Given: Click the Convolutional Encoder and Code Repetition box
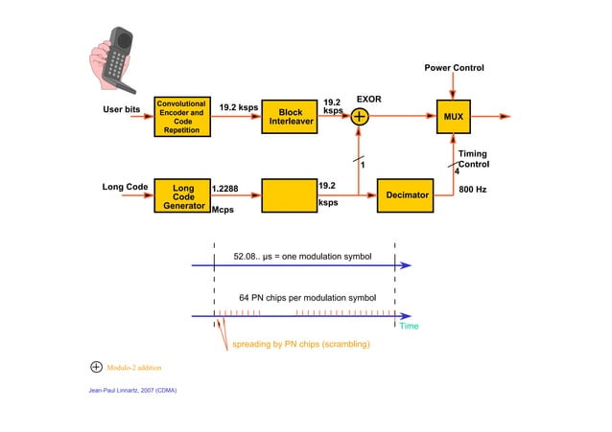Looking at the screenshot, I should (x=181, y=117).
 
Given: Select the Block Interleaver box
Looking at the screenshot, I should (x=290, y=117).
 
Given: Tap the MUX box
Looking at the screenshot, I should (x=453, y=117).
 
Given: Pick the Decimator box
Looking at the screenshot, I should (x=406, y=194).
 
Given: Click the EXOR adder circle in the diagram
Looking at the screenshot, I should (x=360, y=117).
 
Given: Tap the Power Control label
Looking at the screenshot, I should (x=454, y=68).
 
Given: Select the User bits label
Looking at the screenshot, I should (x=122, y=109).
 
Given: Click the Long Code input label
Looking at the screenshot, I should (x=125, y=187).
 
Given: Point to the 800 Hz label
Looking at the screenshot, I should (x=473, y=190).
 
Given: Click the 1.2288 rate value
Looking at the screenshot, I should (x=225, y=190).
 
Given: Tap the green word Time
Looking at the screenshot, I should (x=409, y=327).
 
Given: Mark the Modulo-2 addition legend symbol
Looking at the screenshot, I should (x=96, y=367).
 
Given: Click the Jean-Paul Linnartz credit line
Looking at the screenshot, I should (x=131, y=391).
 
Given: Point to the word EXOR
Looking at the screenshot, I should (x=369, y=99).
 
